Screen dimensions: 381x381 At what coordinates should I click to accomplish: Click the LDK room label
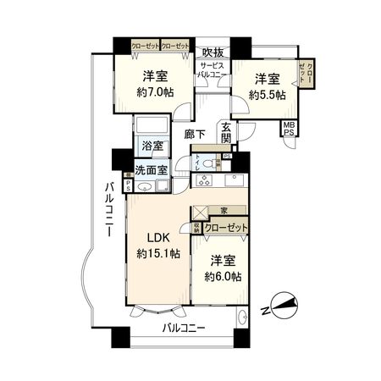pyautogui.click(x=154, y=238)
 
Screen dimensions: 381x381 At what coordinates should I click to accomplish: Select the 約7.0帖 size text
pyautogui.click(x=155, y=93)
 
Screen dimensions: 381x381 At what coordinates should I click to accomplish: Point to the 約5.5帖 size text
pyautogui.click(x=267, y=95)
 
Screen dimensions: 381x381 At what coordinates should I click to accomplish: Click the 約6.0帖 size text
pyautogui.click(x=223, y=277)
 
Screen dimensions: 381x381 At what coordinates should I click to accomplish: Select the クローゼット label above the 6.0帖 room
pyautogui.click(x=225, y=228)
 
